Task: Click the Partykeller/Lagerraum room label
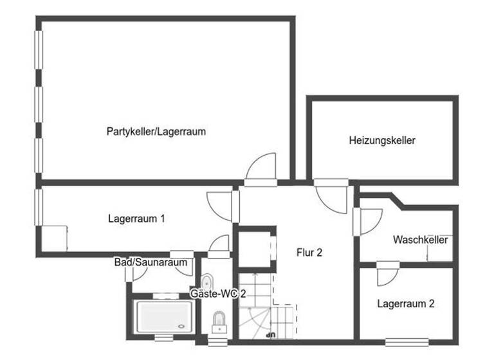pyautogui.click(x=156, y=132)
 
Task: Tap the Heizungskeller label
pyautogui.click(x=382, y=140)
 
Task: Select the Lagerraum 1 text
pyautogui.click(x=136, y=219)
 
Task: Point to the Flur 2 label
pyautogui.click(x=309, y=253)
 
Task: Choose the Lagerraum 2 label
pyautogui.click(x=405, y=303)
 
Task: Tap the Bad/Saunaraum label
pyautogui.click(x=151, y=262)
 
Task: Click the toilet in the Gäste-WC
pyautogui.click(x=219, y=320)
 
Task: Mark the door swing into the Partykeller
pyautogui.click(x=262, y=168)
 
